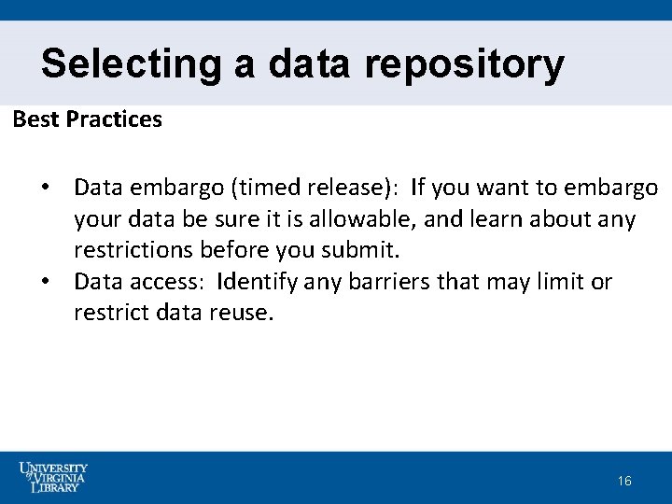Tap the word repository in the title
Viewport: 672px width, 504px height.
click(464, 64)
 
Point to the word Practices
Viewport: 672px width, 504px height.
click(114, 119)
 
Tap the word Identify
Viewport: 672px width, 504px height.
click(259, 282)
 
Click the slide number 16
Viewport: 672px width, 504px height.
click(624, 481)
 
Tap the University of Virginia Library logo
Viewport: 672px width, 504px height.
click(54, 477)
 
